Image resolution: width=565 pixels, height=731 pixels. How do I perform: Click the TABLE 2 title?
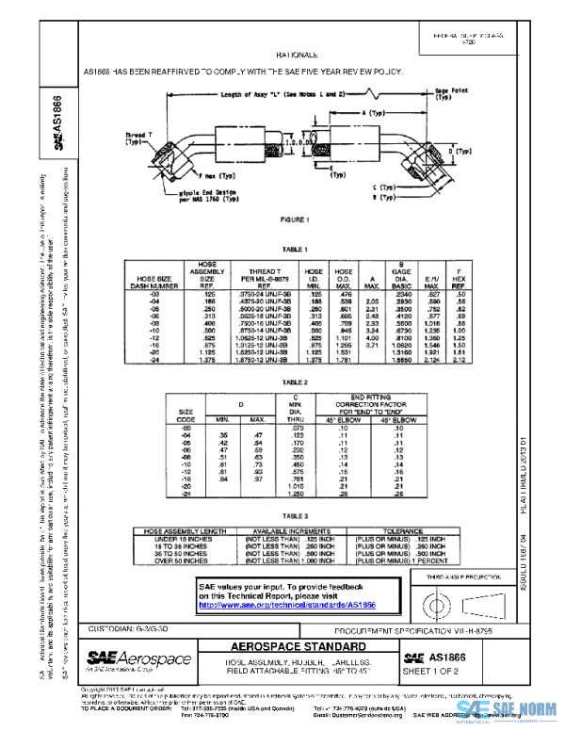(x=293, y=382)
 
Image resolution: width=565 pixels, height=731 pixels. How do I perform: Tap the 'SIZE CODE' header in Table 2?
(x=186, y=414)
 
